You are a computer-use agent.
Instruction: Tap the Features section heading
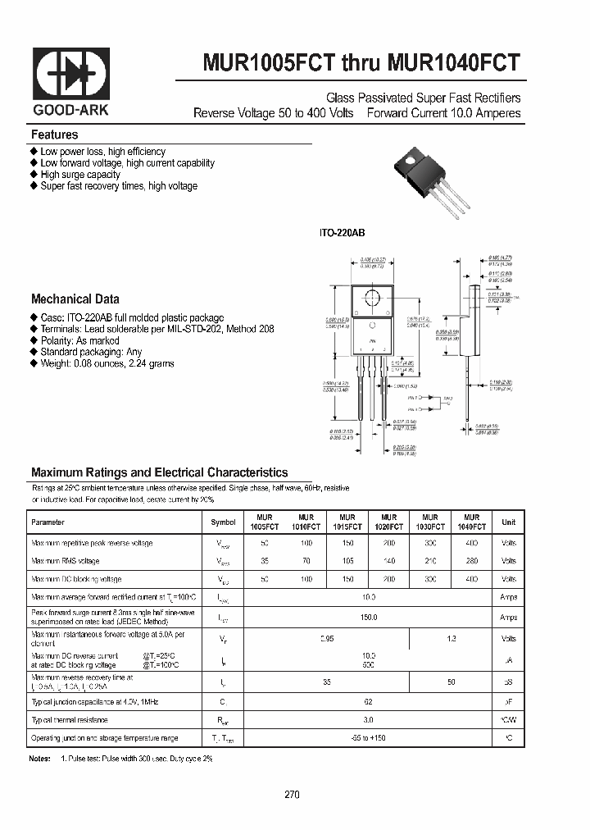click(55, 135)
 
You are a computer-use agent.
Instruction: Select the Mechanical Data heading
click(75, 299)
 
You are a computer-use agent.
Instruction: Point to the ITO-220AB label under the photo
click(343, 234)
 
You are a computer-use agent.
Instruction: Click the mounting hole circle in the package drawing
click(371, 298)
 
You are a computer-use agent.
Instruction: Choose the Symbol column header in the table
click(223, 522)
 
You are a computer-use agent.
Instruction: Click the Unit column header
click(509, 522)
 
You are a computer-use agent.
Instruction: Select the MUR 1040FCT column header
click(471, 522)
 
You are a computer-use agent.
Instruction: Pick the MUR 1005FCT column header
click(265, 522)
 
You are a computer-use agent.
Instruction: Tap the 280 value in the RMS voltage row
click(471, 561)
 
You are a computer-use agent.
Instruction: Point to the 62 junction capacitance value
click(369, 701)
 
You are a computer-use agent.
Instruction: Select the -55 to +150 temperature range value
click(369, 738)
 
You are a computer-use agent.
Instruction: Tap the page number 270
click(293, 795)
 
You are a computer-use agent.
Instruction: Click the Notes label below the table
click(40, 759)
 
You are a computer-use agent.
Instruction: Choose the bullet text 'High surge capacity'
click(80, 175)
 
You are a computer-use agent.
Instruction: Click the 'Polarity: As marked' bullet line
click(79, 340)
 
